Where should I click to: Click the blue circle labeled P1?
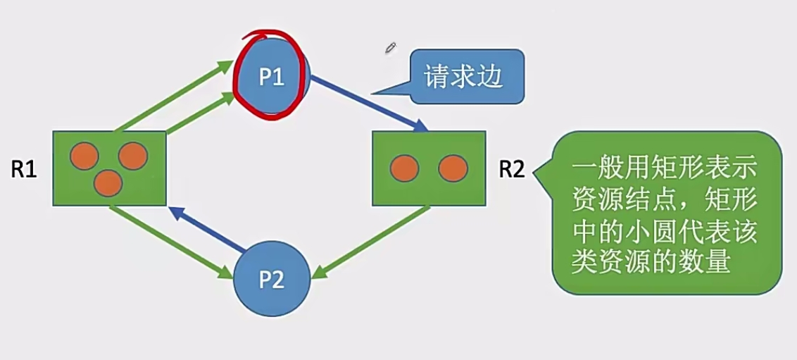(x=271, y=76)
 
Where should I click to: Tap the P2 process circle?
(x=272, y=280)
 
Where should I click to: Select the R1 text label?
(x=24, y=170)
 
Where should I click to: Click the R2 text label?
(x=512, y=169)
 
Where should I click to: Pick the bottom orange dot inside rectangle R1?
(x=108, y=183)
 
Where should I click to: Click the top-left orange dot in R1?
(x=84, y=156)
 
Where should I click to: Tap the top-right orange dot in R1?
(x=132, y=156)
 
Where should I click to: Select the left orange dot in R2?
(x=405, y=168)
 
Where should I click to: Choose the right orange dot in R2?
(x=453, y=168)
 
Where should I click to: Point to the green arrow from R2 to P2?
(x=370, y=240)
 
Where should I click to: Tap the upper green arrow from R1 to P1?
(x=173, y=95)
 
